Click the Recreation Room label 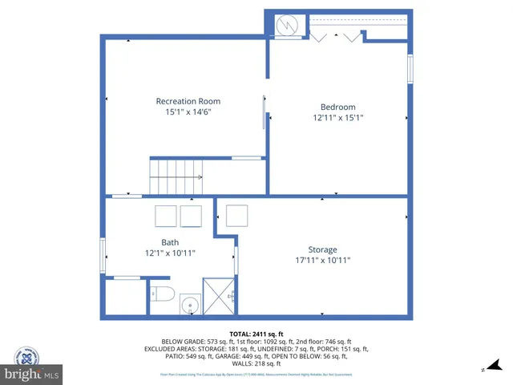(188, 101)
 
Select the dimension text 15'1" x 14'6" (188, 113)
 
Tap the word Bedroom (337, 107)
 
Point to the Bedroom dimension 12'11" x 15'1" (337, 119)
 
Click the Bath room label (170, 242)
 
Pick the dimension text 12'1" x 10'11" (170, 253)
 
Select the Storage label (323, 249)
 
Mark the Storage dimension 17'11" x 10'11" (323, 261)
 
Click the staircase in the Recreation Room (176, 176)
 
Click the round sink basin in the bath (190, 306)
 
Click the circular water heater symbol (287, 26)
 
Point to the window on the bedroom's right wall (410, 69)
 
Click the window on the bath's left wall (103, 256)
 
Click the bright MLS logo (32, 375)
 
